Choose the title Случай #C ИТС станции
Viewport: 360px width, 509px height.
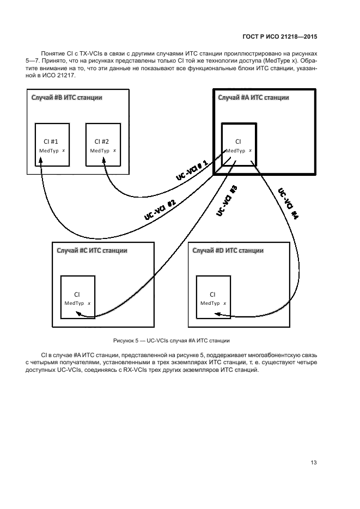click(92, 250)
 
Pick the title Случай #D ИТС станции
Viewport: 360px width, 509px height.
click(228, 250)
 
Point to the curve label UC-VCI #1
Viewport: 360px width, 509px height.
click(192, 170)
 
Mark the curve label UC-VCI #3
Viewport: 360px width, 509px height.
click(227, 201)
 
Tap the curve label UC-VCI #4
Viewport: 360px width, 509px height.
click(288, 203)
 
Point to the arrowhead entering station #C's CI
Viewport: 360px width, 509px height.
click(78, 314)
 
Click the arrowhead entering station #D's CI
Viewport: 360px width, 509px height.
click(216, 314)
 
